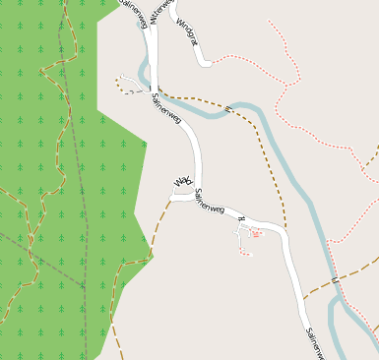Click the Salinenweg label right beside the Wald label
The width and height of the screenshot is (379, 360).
pos(210,203)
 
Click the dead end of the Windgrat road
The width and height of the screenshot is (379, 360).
pos(206,65)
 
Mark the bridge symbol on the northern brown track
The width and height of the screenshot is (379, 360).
pos(227,108)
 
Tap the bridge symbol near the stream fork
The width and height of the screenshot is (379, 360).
pos(334,281)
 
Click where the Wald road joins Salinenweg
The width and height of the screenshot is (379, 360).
pos(193,195)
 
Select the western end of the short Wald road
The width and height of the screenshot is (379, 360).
pos(172,196)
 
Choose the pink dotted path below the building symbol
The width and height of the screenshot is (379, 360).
pos(243,250)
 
